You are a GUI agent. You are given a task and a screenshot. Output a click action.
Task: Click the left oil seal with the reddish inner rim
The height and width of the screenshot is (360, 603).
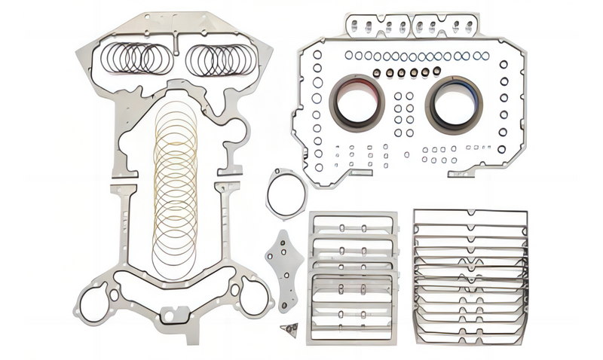[357, 102]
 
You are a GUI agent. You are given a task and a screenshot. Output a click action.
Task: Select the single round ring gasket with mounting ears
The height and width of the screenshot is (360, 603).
[286, 194]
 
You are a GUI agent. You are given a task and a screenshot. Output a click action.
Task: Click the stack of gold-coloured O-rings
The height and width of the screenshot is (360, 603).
[175, 188]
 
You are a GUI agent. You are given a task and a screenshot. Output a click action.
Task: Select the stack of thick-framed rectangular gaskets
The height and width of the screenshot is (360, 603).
[353, 276]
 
